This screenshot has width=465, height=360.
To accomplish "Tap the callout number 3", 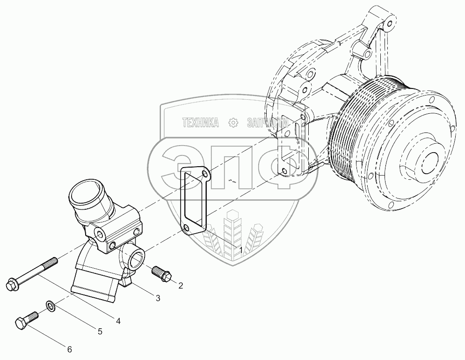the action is click(158, 298).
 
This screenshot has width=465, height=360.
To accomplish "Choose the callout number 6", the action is click(69, 349).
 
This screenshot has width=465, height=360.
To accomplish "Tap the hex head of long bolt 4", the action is click(11, 284).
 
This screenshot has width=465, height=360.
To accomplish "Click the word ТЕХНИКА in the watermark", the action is click(201, 123).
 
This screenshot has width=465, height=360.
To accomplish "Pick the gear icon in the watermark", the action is click(232, 123).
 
